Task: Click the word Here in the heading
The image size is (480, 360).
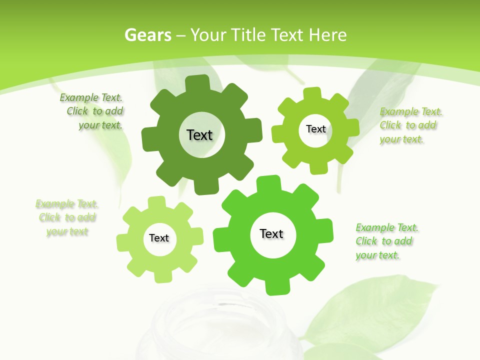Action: point(328,35)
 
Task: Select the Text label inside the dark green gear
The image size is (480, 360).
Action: point(199,135)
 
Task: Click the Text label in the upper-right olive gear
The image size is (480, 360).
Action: point(315,129)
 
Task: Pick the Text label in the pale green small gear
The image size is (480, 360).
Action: point(159,238)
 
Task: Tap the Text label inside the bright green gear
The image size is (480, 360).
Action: point(271,233)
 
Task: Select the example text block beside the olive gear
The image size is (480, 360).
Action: point(408,125)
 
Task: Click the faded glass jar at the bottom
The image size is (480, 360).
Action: point(225,325)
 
